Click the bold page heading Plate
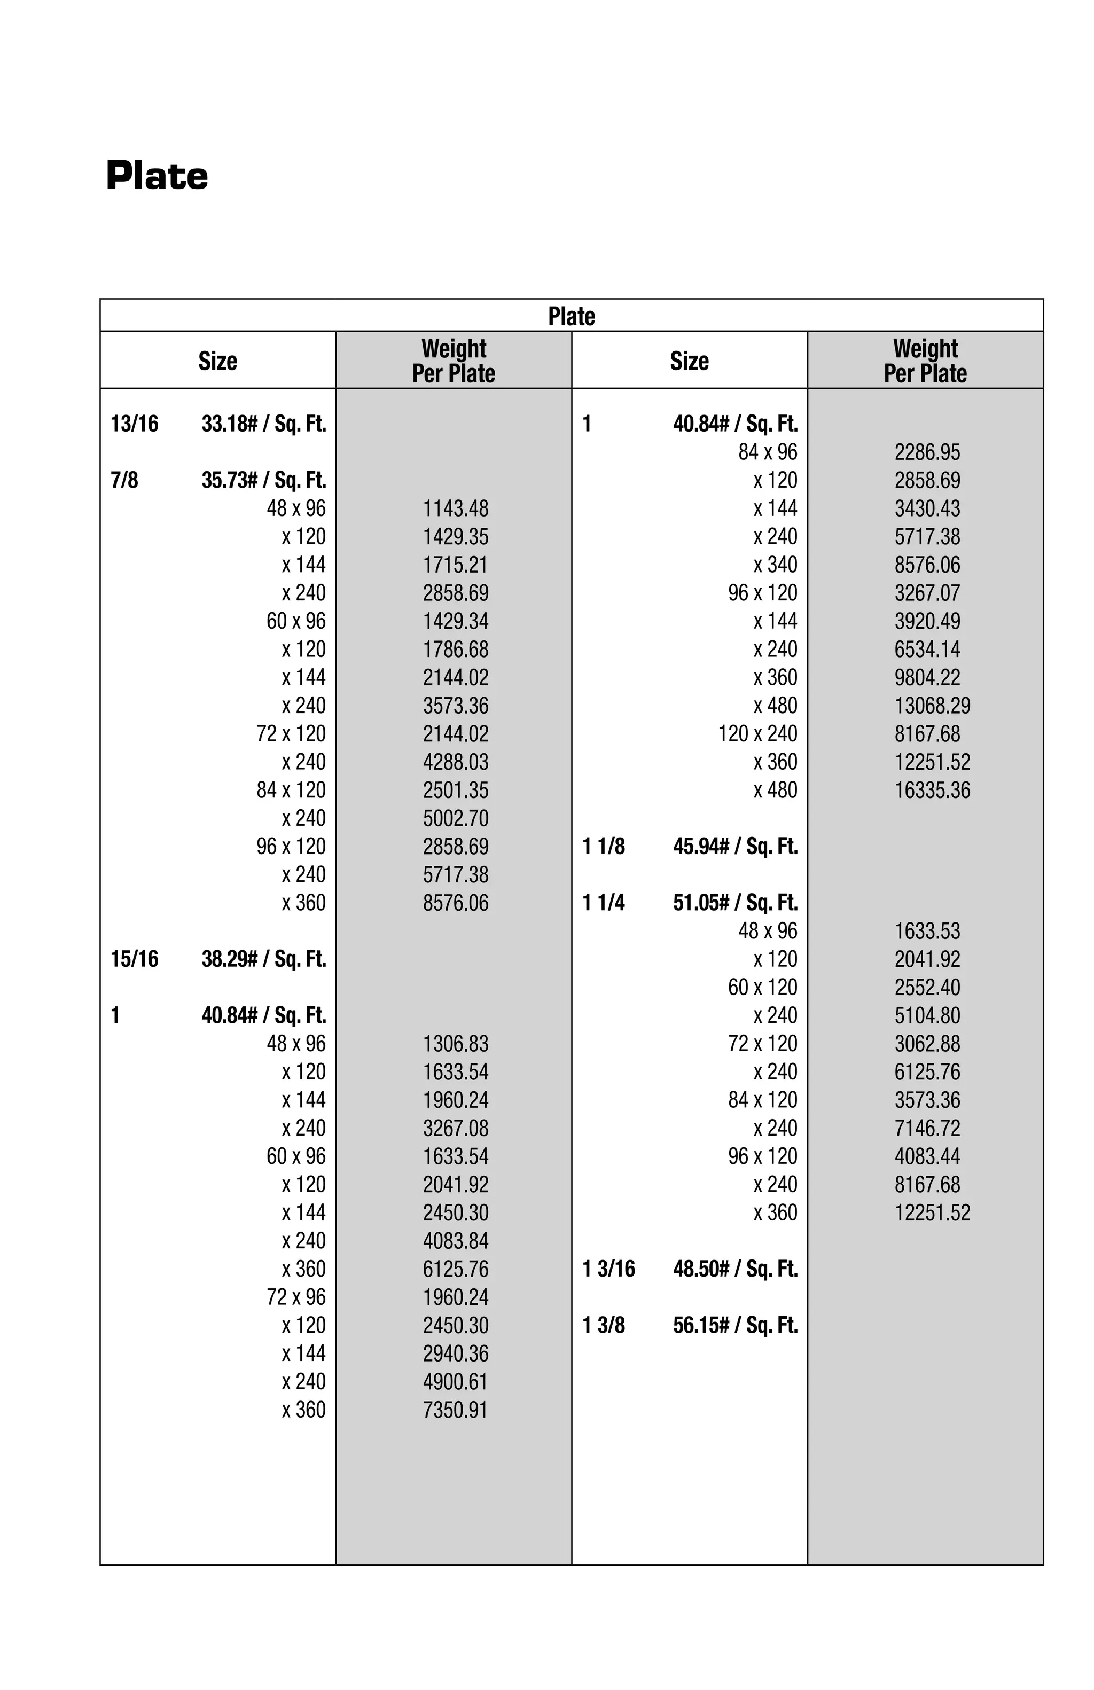click(x=157, y=176)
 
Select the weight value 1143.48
click(x=455, y=508)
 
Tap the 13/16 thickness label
click(x=134, y=424)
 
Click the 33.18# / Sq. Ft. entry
click(x=263, y=424)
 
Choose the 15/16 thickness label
click(x=134, y=959)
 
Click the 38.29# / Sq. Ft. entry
click(x=263, y=959)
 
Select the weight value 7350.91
click(x=455, y=1410)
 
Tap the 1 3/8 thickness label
click(x=604, y=1325)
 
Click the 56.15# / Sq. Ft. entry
click(x=735, y=1325)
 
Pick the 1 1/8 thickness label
click(x=604, y=847)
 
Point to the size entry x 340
click(x=775, y=565)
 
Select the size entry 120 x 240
click(x=757, y=733)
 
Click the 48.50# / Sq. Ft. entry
click(x=735, y=1269)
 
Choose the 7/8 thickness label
click(x=124, y=480)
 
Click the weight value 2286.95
click(x=926, y=452)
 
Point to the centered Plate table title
click(x=571, y=316)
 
